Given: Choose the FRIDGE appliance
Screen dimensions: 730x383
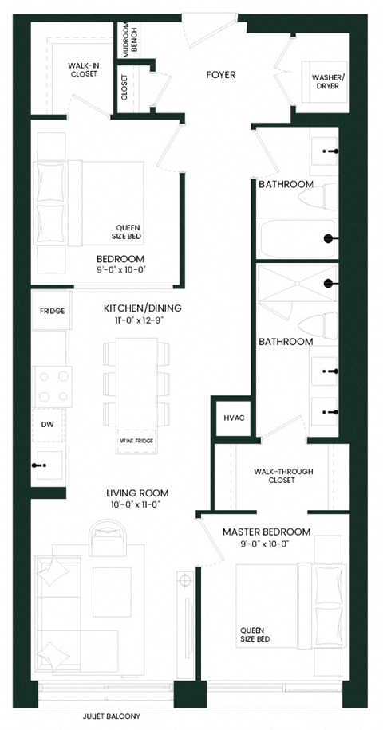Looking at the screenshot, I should [52, 312].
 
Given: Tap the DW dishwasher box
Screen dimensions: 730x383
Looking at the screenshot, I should [47, 426].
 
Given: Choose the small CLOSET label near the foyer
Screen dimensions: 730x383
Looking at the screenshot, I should [124, 87].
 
